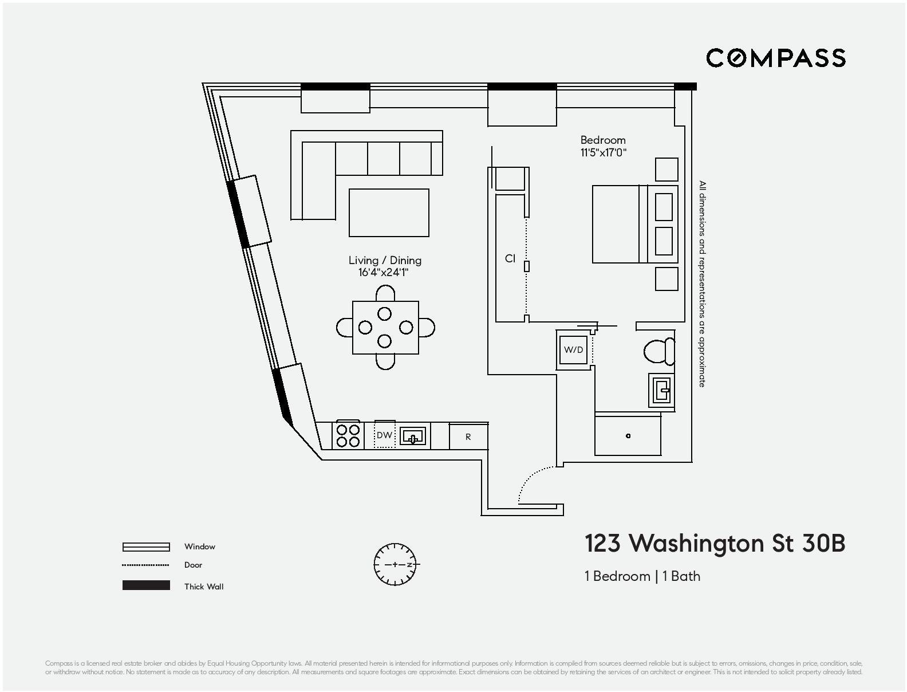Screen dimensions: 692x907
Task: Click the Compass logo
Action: [775, 58]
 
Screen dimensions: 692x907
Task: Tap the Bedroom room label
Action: [603, 140]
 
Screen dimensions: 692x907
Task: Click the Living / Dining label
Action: [385, 260]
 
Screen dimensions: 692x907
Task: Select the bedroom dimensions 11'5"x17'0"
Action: [603, 153]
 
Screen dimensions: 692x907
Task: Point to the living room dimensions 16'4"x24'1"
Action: [384, 273]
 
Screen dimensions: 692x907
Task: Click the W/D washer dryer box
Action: [573, 349]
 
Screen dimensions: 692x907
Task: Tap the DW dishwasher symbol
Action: [384, 435]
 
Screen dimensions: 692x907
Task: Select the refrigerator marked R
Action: [468, 437]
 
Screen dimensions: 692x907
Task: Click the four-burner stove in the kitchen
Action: [348, 436]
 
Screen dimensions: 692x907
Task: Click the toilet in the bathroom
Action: [658, 351]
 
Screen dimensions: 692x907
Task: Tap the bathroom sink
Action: [662, 391]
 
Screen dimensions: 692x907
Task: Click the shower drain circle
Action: [628, 436]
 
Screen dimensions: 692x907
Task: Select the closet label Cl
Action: [510, 259]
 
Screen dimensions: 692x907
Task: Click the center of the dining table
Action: [385, 328]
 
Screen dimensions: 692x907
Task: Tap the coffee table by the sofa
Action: [389, 213]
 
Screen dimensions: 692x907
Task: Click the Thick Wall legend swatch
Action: [146, 585]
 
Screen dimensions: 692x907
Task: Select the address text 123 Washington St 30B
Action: [715, 544]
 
